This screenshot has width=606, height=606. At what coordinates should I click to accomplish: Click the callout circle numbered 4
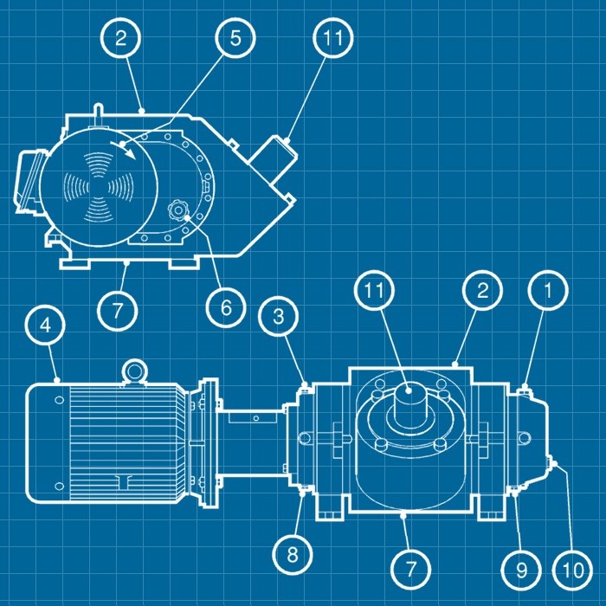click(45, 325)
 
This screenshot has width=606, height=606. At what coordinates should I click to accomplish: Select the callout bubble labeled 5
click(235, 38)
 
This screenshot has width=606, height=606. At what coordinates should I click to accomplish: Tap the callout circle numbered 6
click(226, 307)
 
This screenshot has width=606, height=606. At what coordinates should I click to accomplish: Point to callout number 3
click(279, 316)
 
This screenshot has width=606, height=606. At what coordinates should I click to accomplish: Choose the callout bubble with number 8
click(293, 555)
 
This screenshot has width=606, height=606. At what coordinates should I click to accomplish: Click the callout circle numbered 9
click(521, 570)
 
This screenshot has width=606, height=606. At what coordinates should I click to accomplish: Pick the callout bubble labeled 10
click(572, 570)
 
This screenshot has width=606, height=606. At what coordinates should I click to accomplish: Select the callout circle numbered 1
click(548, 290)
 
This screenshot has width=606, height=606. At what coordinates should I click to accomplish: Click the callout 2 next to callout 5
click(120, 38)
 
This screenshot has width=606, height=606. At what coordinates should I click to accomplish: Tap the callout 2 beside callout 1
click(482, 290)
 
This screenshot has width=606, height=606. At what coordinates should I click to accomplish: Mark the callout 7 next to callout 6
click(117, 310)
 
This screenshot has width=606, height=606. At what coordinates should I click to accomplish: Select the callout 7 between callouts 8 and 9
click(410, 570)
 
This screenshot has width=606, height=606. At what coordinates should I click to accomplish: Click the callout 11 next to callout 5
click(332, 38)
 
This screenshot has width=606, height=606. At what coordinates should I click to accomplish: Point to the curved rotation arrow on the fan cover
click(124, 150)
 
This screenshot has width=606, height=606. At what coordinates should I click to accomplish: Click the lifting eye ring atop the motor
click(134, 371)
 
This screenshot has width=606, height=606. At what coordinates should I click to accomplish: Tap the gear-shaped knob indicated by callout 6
click(177, 210)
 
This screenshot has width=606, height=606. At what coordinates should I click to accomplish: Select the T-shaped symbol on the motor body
click(125, 481)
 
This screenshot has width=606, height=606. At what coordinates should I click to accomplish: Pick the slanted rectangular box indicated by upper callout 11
click(273, 158)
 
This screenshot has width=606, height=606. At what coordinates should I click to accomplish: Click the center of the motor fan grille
click(99, 188)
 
